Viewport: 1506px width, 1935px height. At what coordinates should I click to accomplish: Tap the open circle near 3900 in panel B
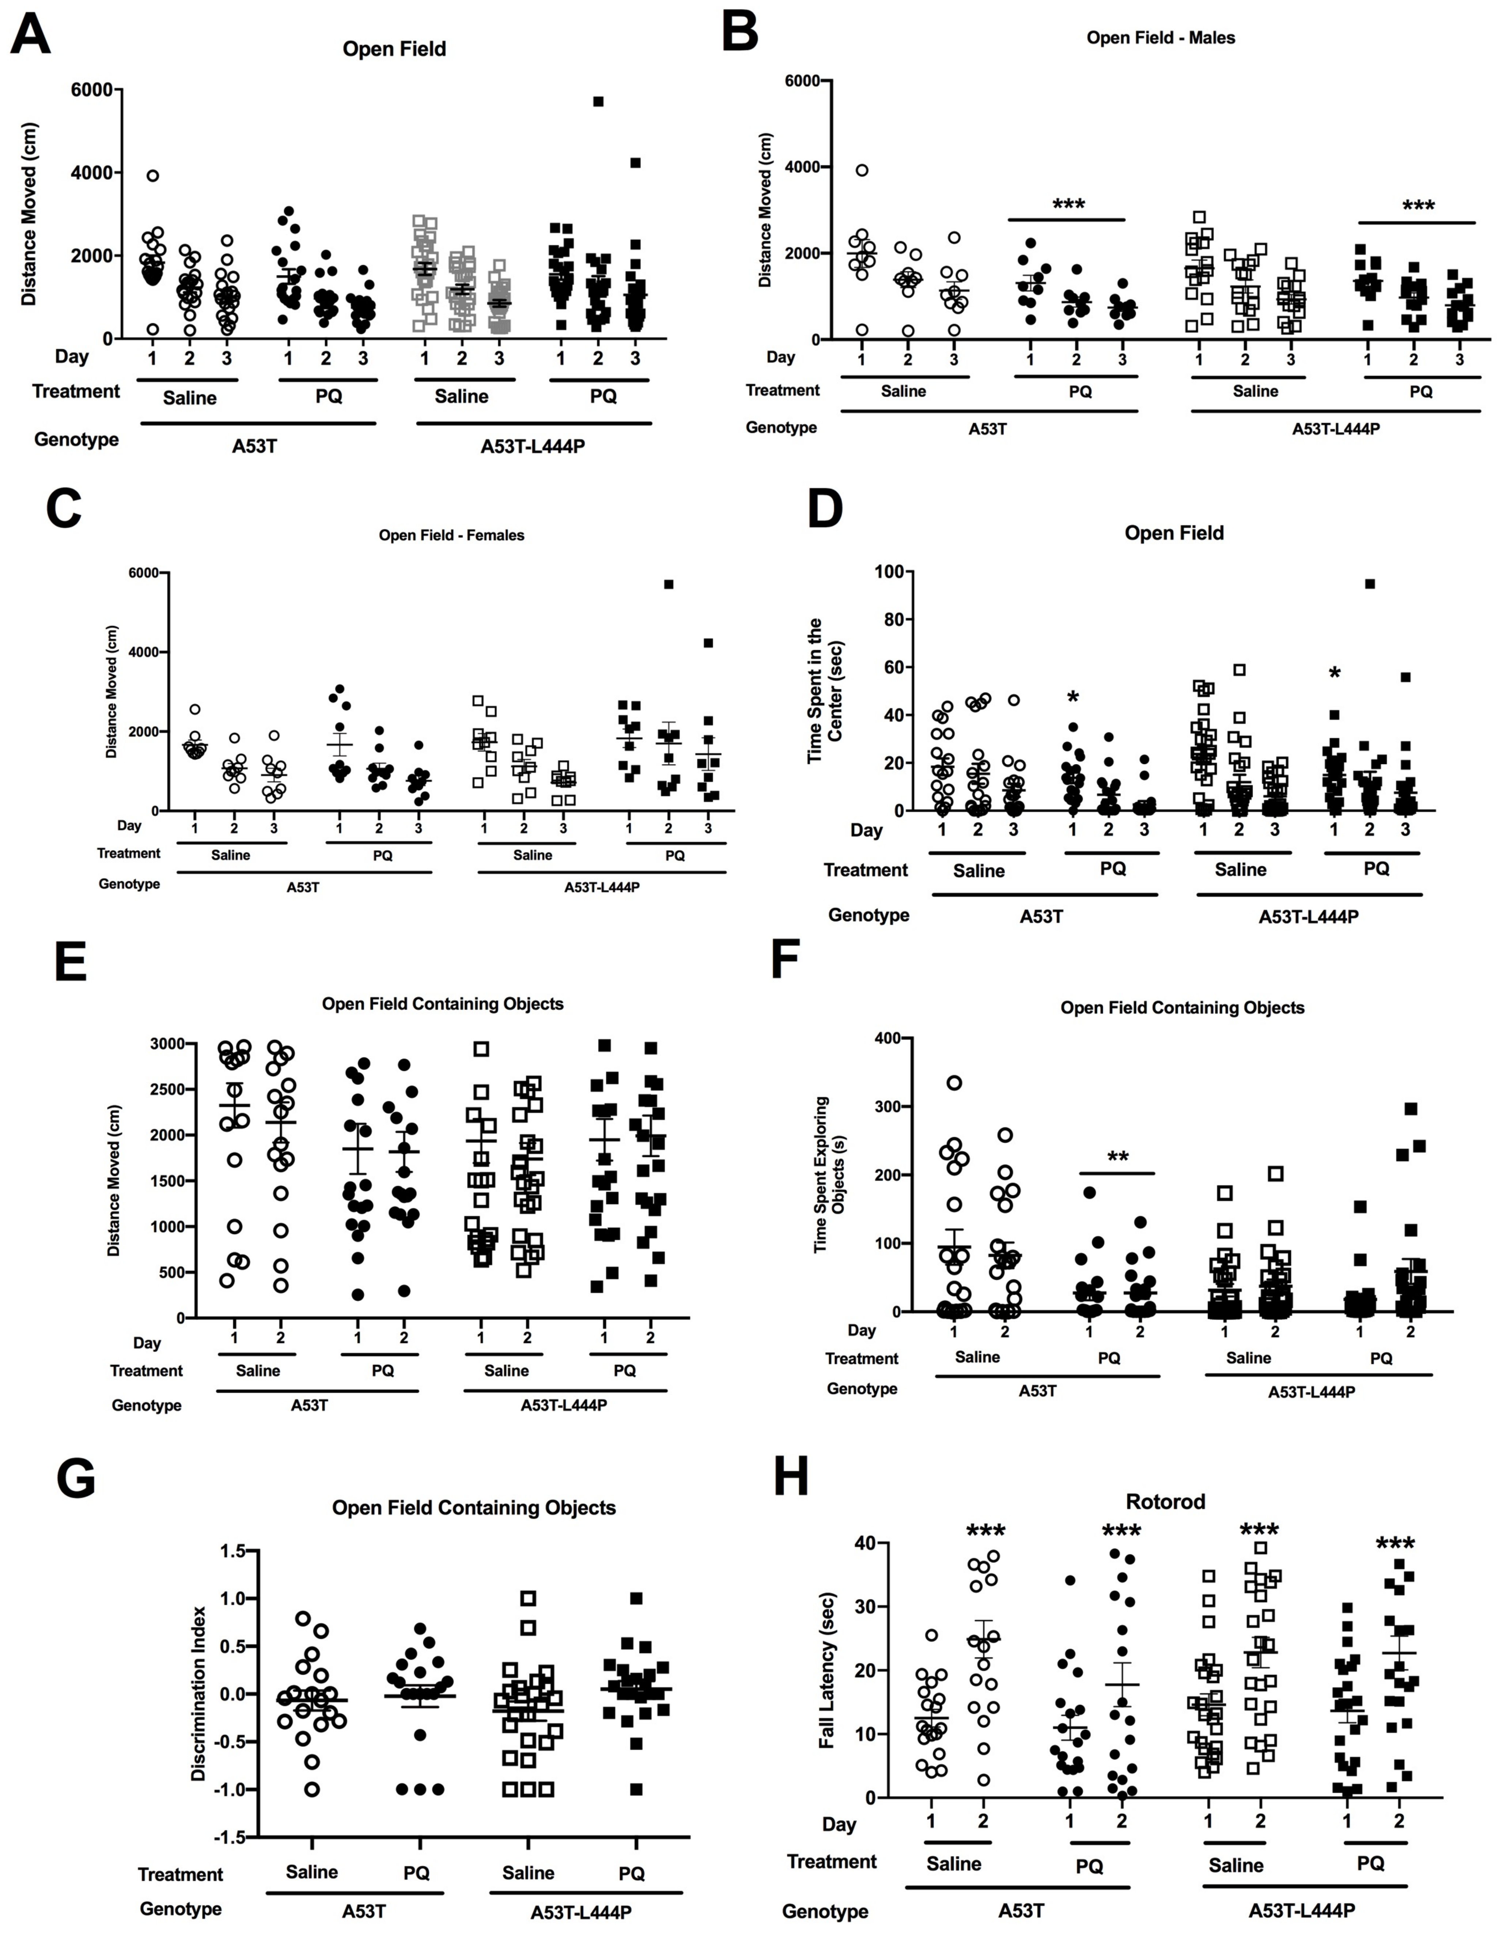[x=862, y=170]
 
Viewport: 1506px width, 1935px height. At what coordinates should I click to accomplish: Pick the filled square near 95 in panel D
[x=1370, y=584]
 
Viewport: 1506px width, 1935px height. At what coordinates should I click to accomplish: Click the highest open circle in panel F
[x=954, y=1083]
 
